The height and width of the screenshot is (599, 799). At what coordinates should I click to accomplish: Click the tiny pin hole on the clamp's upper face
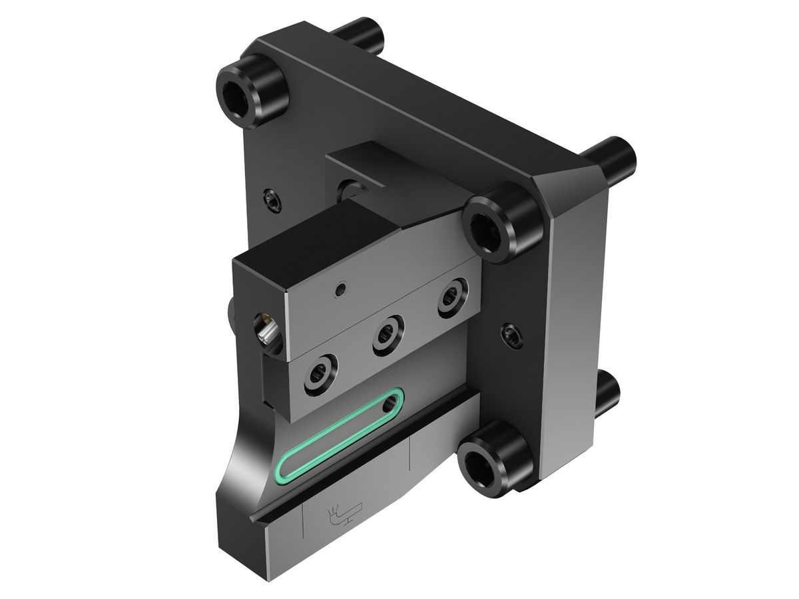coord(340,290)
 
